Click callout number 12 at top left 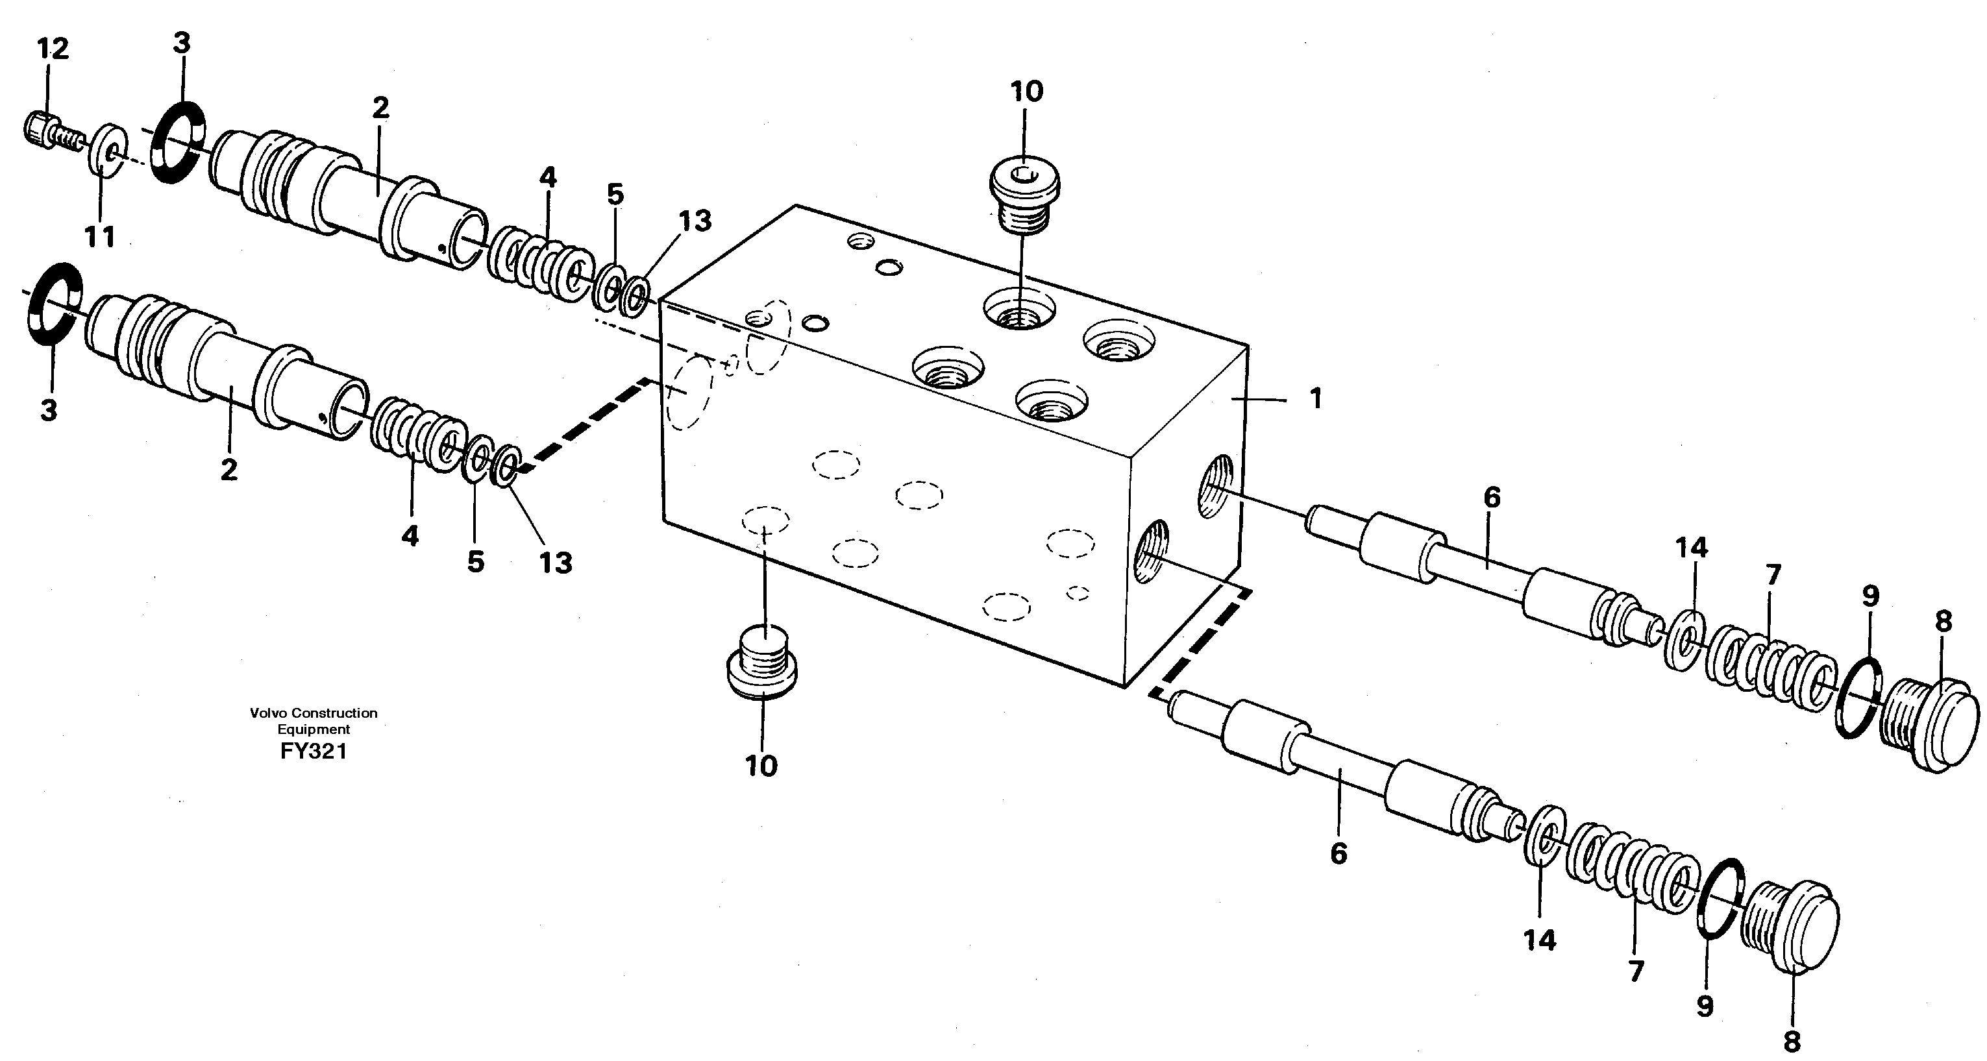[53, 49]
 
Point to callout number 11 [99, 238]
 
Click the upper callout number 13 [694, 221]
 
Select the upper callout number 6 [1492, 498]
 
